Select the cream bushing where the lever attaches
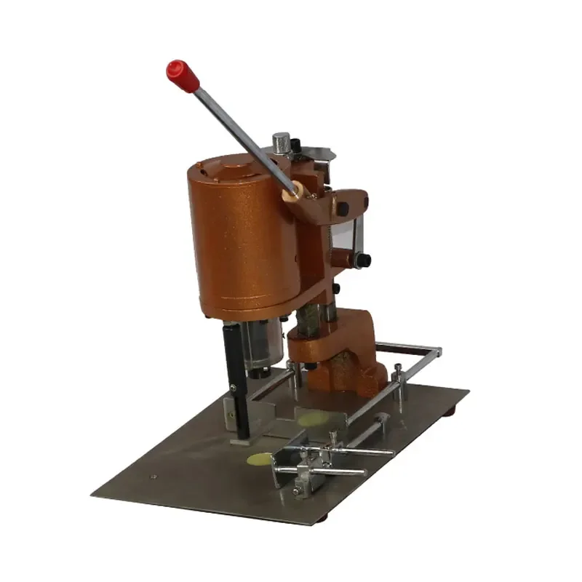(293, 192)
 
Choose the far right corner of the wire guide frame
(438, 352)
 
